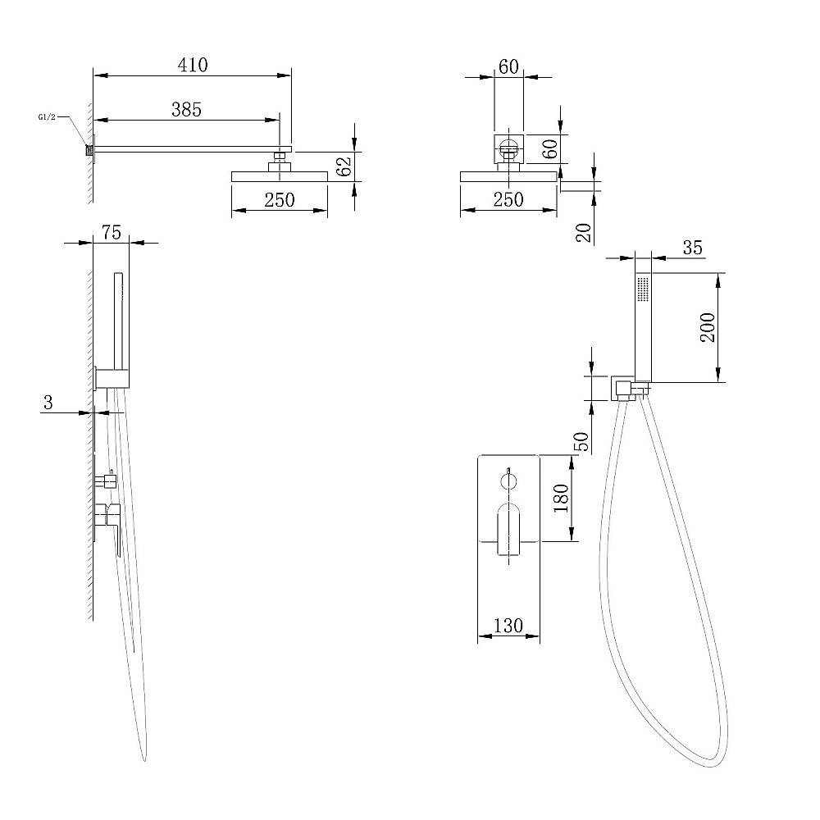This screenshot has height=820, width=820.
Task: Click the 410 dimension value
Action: click(x=193, y=65)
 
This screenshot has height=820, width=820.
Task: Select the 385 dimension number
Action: click(x=186, y=109)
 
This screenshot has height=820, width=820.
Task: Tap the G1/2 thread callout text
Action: click(x=47, y=117)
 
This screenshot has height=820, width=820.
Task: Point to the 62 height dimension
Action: click(x=344, y=166)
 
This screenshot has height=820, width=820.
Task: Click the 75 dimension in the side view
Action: click(x=112, y=232)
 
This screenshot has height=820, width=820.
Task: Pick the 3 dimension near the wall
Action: click(x=48, y=402)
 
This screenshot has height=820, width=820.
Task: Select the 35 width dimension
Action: click(x=692, y=248)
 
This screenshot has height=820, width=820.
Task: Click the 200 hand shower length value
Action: click(x=708, y=327)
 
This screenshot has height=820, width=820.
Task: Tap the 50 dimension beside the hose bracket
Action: click(x=581, y=441)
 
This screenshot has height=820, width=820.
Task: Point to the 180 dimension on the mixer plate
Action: click(x=561, y=498)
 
